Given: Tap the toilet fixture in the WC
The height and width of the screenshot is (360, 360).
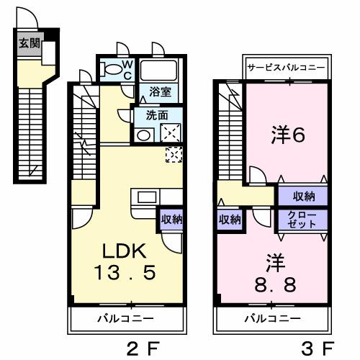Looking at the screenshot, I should point(114,71).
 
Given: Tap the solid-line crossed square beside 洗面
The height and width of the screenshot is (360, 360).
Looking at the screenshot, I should point(172,132).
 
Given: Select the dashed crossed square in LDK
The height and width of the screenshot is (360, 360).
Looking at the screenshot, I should point(174,154).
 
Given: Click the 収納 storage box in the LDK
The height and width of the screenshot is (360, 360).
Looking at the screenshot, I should point(171,218).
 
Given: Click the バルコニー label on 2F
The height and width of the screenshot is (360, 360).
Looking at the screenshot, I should point(125,317).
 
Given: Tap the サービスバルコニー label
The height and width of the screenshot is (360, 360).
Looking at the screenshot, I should point(287,68).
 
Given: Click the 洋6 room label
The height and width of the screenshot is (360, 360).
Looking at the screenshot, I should point(285,135).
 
